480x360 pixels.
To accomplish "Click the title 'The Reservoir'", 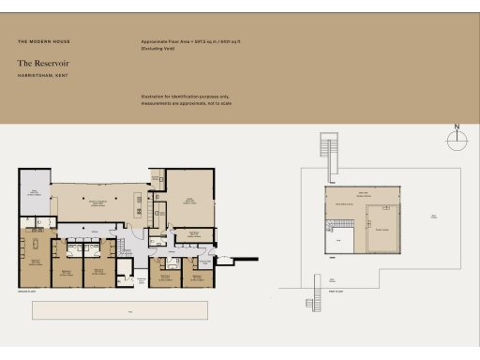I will (x=43, y=63).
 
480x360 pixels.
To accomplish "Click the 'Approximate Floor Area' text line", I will (x=187, y=42).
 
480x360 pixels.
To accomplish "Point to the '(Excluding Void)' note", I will (x=158, y=48).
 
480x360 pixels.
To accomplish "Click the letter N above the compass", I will (x=457, y=126).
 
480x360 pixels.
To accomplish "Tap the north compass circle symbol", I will (x=457, y=141).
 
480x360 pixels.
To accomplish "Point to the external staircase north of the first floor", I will (x=327, y=148).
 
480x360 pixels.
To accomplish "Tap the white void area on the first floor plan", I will (x=342, y=241).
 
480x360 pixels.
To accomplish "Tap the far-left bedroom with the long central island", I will (x=35, y=256).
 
